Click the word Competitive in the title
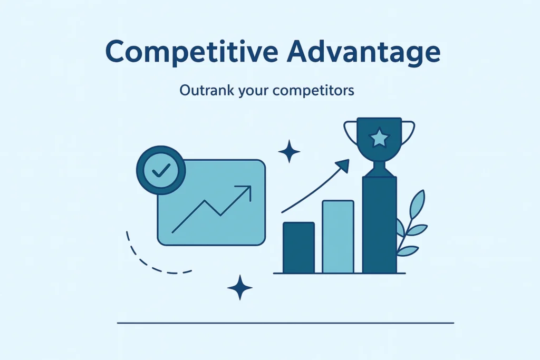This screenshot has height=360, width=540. tap(191, 52)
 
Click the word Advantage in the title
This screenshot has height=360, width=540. tap(364, 52)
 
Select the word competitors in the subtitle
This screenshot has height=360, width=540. tap(313, 91)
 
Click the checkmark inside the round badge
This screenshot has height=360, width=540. tap(161, 170)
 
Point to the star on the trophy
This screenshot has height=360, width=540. tap(379, 138)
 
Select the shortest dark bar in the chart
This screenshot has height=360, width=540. tap(298, 247)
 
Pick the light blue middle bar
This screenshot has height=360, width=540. tap(338, 237)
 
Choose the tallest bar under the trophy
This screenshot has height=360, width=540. tap(380, 225)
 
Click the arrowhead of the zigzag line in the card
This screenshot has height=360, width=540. tap(245, 191)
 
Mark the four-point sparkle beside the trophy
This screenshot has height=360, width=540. tap(289, 151)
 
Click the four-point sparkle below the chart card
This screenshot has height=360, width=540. tap(240, 288)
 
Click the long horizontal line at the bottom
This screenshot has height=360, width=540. tap(285, 323)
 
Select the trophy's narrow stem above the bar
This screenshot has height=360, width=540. tap(379, 169)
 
